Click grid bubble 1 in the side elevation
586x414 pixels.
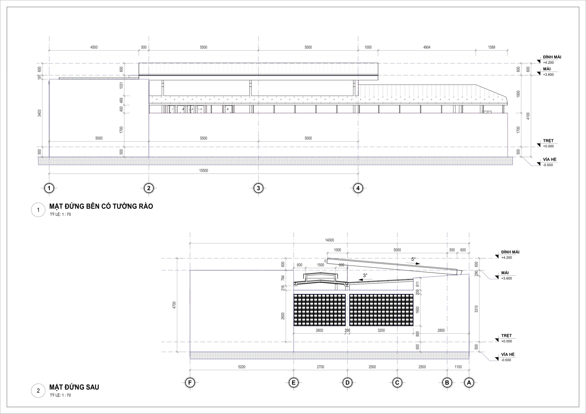point(49,188)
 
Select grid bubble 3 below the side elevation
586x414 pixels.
point(258,188)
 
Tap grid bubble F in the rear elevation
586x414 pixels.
point(190,382)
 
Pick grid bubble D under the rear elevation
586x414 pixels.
point(347,382)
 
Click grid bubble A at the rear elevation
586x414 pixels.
point(469,382)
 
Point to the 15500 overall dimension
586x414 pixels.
point(203,171)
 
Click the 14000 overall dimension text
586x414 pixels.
point(329,240)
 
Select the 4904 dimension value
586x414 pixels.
point(427,47)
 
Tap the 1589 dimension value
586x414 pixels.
point(491,47)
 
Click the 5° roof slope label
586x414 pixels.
point(413,259)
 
